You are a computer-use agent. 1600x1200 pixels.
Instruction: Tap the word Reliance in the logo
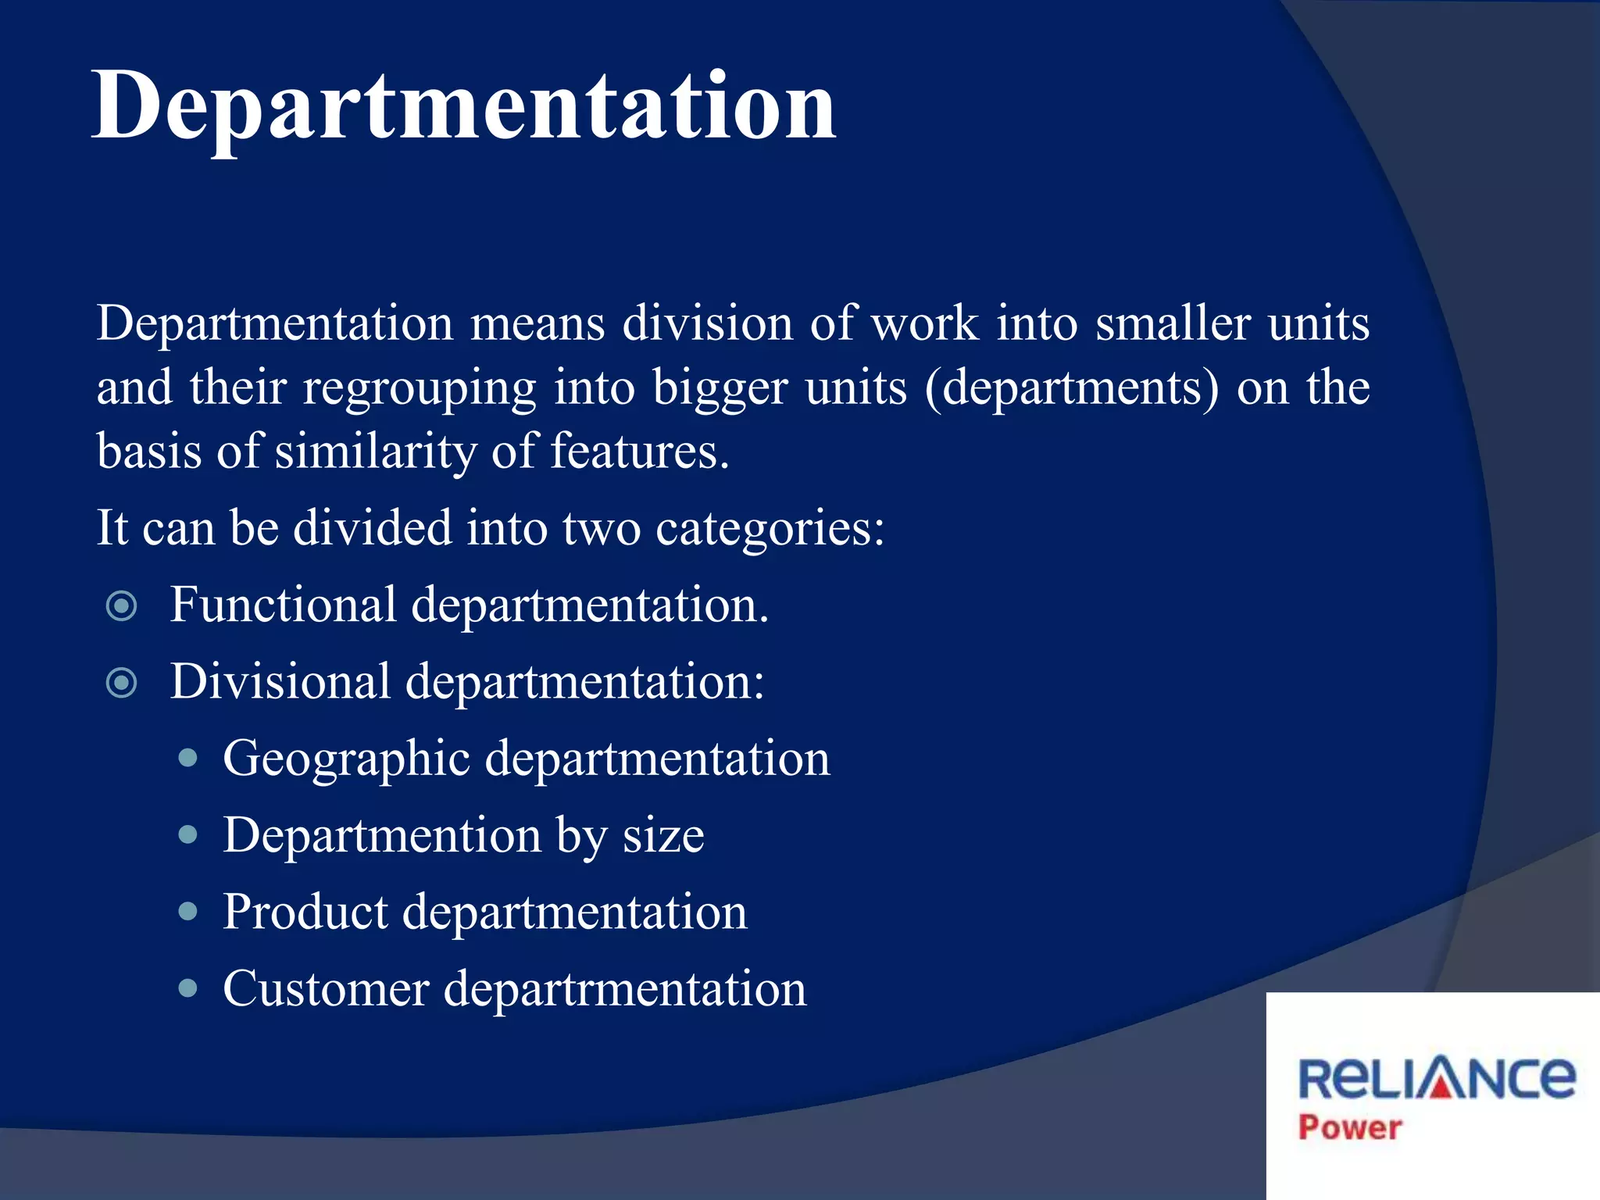(1436, 1078)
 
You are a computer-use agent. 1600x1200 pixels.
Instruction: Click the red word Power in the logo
(1349, 1127)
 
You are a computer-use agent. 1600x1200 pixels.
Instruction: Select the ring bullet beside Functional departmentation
(121, 605)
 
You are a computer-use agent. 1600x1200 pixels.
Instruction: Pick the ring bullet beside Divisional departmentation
(121, 682)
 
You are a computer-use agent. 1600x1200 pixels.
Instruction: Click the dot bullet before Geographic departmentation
(187, 758)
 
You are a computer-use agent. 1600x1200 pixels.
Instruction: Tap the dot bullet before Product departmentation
(187, 911)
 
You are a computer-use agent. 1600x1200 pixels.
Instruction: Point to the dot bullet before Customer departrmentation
(187, 988)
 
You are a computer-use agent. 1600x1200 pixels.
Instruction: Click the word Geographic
(346, 759)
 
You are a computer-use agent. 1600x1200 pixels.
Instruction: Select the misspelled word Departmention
(382, 835)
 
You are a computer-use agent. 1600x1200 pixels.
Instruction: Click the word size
(663, 836)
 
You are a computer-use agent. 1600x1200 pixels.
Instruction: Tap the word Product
(305, 912)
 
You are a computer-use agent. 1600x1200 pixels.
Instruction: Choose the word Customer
(326, 988)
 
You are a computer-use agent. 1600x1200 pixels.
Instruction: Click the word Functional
(283, 605)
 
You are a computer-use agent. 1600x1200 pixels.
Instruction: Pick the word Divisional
(280, 681)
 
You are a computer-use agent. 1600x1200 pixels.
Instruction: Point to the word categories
(770, 530)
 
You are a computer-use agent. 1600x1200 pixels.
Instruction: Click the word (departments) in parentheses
(1071, 388)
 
